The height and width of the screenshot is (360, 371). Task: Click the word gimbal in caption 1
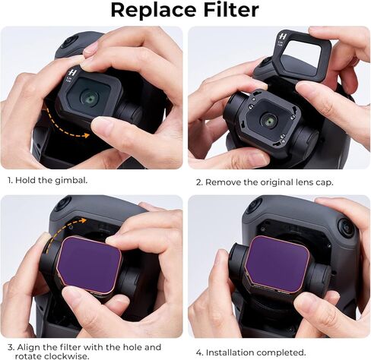coord(79,181)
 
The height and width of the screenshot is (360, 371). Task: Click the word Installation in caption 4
coord(232,352)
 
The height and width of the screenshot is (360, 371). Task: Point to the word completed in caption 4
coord(286,352)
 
